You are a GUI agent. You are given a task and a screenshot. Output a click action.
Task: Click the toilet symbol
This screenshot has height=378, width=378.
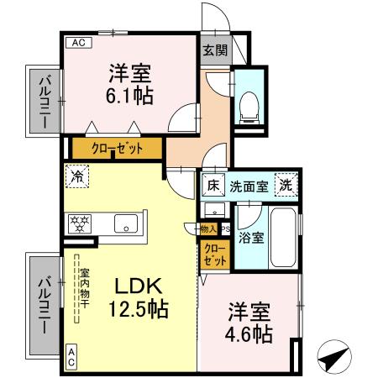tap(249, 105)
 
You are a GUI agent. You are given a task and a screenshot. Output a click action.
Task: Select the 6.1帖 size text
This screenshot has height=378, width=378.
tap(129, 96)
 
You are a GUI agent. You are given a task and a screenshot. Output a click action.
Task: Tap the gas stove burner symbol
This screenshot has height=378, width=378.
tap(80, 224)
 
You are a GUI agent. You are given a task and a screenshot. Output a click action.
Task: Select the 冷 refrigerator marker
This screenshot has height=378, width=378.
tap(76, 177)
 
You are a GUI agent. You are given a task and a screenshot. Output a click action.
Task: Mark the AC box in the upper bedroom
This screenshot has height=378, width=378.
tap(76, 42)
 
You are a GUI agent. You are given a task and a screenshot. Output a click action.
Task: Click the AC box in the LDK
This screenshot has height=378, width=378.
tap(71, 356)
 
